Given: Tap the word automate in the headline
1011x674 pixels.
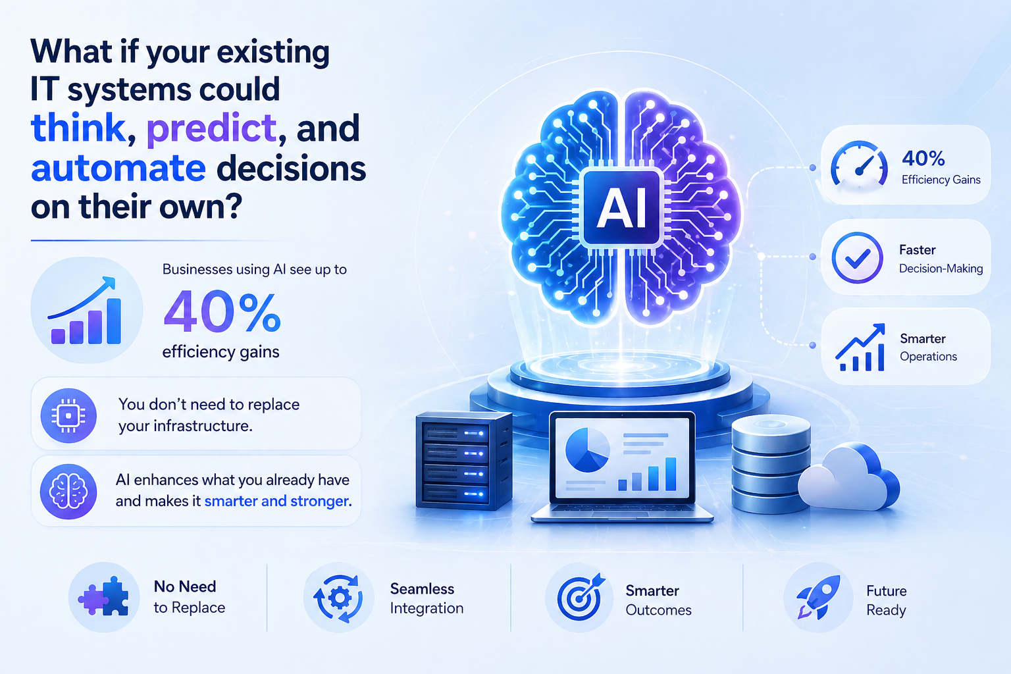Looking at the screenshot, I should (118, 168).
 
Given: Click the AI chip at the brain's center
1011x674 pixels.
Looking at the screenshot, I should (621, 208).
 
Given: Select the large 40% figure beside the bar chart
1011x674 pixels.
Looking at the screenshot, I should (222, 312).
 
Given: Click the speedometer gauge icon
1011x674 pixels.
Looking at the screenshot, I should (858, 165).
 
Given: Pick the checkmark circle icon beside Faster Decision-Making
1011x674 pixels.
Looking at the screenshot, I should (857, 258).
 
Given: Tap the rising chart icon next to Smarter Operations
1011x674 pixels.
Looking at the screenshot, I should (860, 348).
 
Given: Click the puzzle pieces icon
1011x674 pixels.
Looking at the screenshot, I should (104, 597).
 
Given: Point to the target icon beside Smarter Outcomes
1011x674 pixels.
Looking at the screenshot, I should (580, 598).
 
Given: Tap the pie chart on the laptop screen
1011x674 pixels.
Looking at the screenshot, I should (587, 450).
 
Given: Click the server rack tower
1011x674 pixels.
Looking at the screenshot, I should (463, 461).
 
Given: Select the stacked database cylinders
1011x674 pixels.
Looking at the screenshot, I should (770, 464).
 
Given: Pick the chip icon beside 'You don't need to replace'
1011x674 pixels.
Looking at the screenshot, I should (68, 415).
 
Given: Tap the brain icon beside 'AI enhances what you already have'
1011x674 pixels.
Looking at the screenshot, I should (68, 491).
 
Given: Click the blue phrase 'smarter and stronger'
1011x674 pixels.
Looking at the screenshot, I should (276, 502).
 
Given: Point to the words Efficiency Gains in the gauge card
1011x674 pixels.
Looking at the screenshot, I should (941, 180).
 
